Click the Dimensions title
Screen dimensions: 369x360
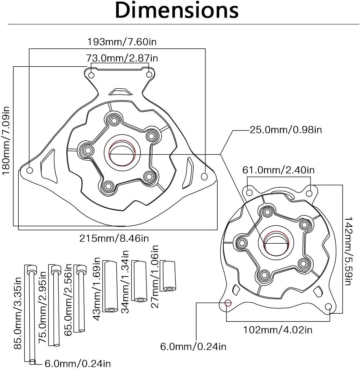tap(177, 11)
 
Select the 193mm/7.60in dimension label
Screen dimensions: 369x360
tap(116, 41)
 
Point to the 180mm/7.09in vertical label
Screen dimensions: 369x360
tap(7, 140)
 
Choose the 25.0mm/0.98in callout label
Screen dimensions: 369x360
tap(286, 130)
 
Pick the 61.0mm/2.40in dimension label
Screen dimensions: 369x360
tap(278, 170)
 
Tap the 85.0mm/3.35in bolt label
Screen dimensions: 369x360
tap(17, 313)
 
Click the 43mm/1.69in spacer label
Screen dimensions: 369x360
tap(97, 282)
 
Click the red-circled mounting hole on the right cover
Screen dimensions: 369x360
tap(228, 303)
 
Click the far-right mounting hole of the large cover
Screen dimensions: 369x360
tap(204, 176)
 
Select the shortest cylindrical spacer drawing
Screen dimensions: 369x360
tap(168, 276)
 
